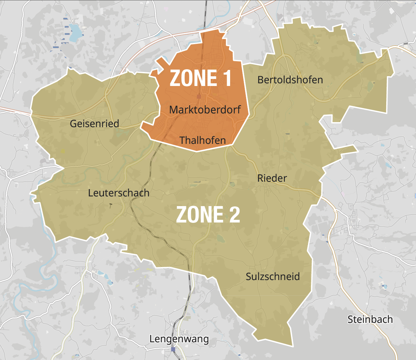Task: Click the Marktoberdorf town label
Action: click(205, 110)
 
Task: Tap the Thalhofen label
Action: click(202, 140)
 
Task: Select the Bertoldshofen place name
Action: click(290, 80)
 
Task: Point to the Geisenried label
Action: click(94, 124)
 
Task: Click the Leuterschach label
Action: click(118, 193)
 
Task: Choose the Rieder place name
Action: click(272, 178)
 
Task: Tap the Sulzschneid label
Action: click(273, 277)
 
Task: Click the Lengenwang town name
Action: click(179, 339)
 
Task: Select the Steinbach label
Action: click(370, 320)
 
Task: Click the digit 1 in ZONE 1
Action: click(227, 78)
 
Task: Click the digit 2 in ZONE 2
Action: click(235, 215)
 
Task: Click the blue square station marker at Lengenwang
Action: click(173, 349)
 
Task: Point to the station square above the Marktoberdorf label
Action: click(199, 96)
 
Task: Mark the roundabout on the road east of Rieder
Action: click(335, 211)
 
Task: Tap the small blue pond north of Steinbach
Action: click(384, 287)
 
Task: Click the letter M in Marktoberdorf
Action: click(173, 110)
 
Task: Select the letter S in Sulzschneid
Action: click(248, 277)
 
